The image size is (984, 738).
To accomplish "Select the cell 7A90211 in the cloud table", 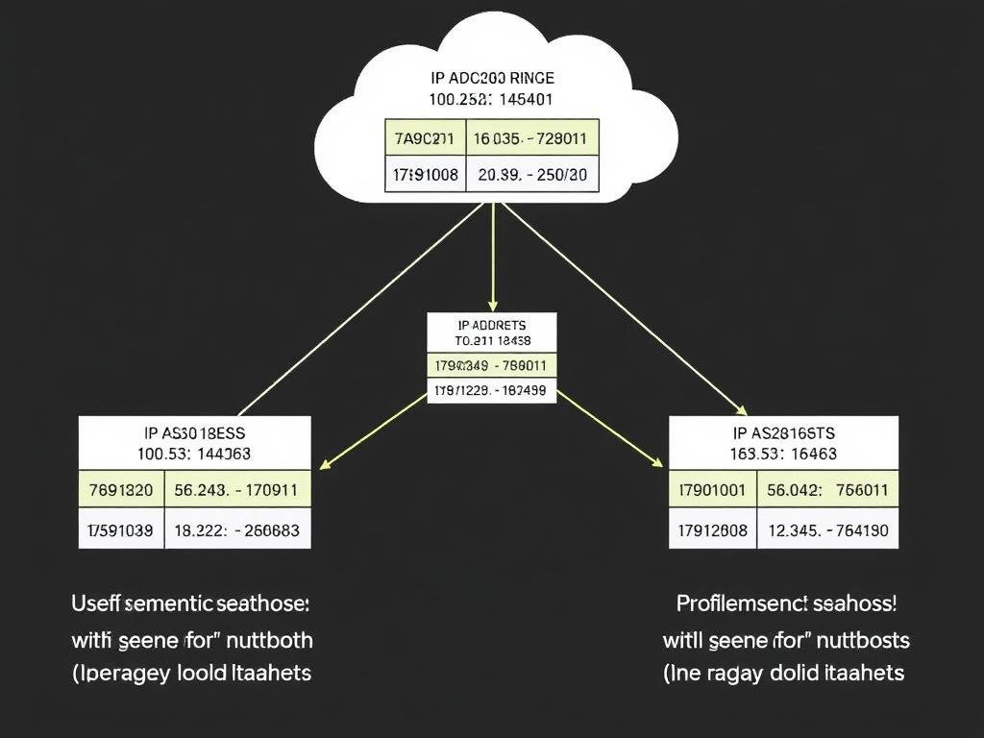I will [424, 137].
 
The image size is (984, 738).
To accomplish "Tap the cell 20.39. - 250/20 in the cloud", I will [531, 176].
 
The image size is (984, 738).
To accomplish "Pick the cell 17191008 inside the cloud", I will [424, 176].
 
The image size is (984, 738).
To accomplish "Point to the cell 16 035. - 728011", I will [531, 137].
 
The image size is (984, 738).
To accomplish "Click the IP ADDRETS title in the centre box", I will [491, 325].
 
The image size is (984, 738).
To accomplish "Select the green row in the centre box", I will [491, 365].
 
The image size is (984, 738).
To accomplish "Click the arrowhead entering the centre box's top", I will [492, 305].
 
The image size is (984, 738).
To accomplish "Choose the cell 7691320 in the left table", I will [121, 490].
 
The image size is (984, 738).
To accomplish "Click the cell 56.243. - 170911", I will [236, 490].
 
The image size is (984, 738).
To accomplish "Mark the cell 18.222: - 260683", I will [236, 529].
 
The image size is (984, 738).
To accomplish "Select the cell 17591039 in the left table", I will [121, 529].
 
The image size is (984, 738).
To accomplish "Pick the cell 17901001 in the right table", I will [712, 490].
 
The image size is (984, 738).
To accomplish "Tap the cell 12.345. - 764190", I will [827, 529].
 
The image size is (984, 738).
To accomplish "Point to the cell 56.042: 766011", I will [827, 490].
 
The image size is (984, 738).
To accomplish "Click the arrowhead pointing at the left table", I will [325, 465].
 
